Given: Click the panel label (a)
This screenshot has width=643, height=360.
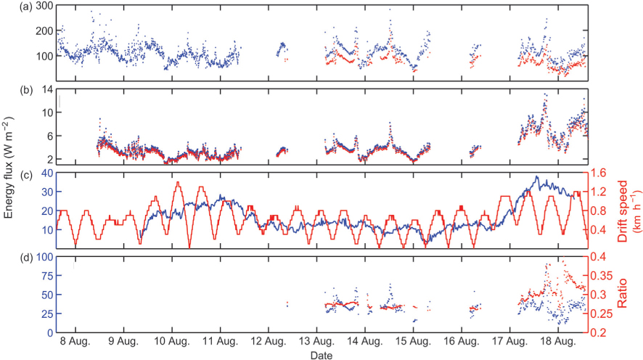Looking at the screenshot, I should coord(9,7).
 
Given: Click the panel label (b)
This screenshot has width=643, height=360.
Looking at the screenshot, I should coord(9,91).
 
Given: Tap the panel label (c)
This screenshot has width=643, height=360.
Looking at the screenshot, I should coord(9,175).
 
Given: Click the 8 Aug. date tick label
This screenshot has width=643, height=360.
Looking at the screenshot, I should coord(75,340).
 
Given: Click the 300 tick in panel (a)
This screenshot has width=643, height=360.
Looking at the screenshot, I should coord(42,7).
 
